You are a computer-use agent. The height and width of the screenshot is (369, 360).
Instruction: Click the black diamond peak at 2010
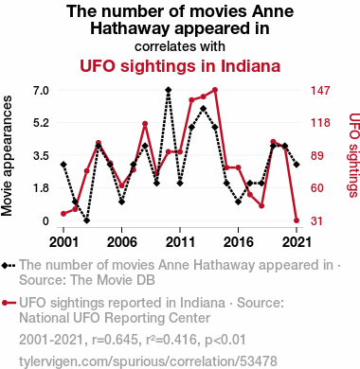point(169,90)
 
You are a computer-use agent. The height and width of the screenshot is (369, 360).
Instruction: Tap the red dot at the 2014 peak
point(215,90)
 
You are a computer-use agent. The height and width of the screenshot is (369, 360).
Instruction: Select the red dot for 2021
point(297,220)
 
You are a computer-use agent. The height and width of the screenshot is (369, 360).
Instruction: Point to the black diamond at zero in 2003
point(87,220)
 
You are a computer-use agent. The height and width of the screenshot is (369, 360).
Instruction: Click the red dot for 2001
point(63,214)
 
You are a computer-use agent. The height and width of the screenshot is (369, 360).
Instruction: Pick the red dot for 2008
point(145,124)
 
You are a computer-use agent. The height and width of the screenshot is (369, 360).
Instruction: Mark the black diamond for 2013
point(203,109)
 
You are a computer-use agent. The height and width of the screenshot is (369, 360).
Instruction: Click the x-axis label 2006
point(122,242)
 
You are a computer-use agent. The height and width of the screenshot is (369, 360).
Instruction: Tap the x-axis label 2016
point(238,242)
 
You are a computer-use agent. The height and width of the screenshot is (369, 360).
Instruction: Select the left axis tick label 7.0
point(41,91)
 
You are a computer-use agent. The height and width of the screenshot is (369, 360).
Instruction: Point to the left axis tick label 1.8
point(41,188)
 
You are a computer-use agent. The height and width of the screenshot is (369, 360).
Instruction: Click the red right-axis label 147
point(320,91)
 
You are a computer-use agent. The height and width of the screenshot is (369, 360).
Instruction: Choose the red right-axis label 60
point(317,188)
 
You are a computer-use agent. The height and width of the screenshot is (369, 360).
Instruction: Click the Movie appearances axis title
point(7,156)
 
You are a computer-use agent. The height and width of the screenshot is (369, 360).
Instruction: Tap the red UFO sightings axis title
point(353,155)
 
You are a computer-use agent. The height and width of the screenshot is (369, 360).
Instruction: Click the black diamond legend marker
point(5,265)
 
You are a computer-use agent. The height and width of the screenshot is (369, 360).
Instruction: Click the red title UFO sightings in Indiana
point(180,66)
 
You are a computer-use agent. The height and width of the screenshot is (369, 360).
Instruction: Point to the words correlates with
point(180,46)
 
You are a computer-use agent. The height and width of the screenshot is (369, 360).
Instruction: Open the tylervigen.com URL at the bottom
point(148,361)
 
